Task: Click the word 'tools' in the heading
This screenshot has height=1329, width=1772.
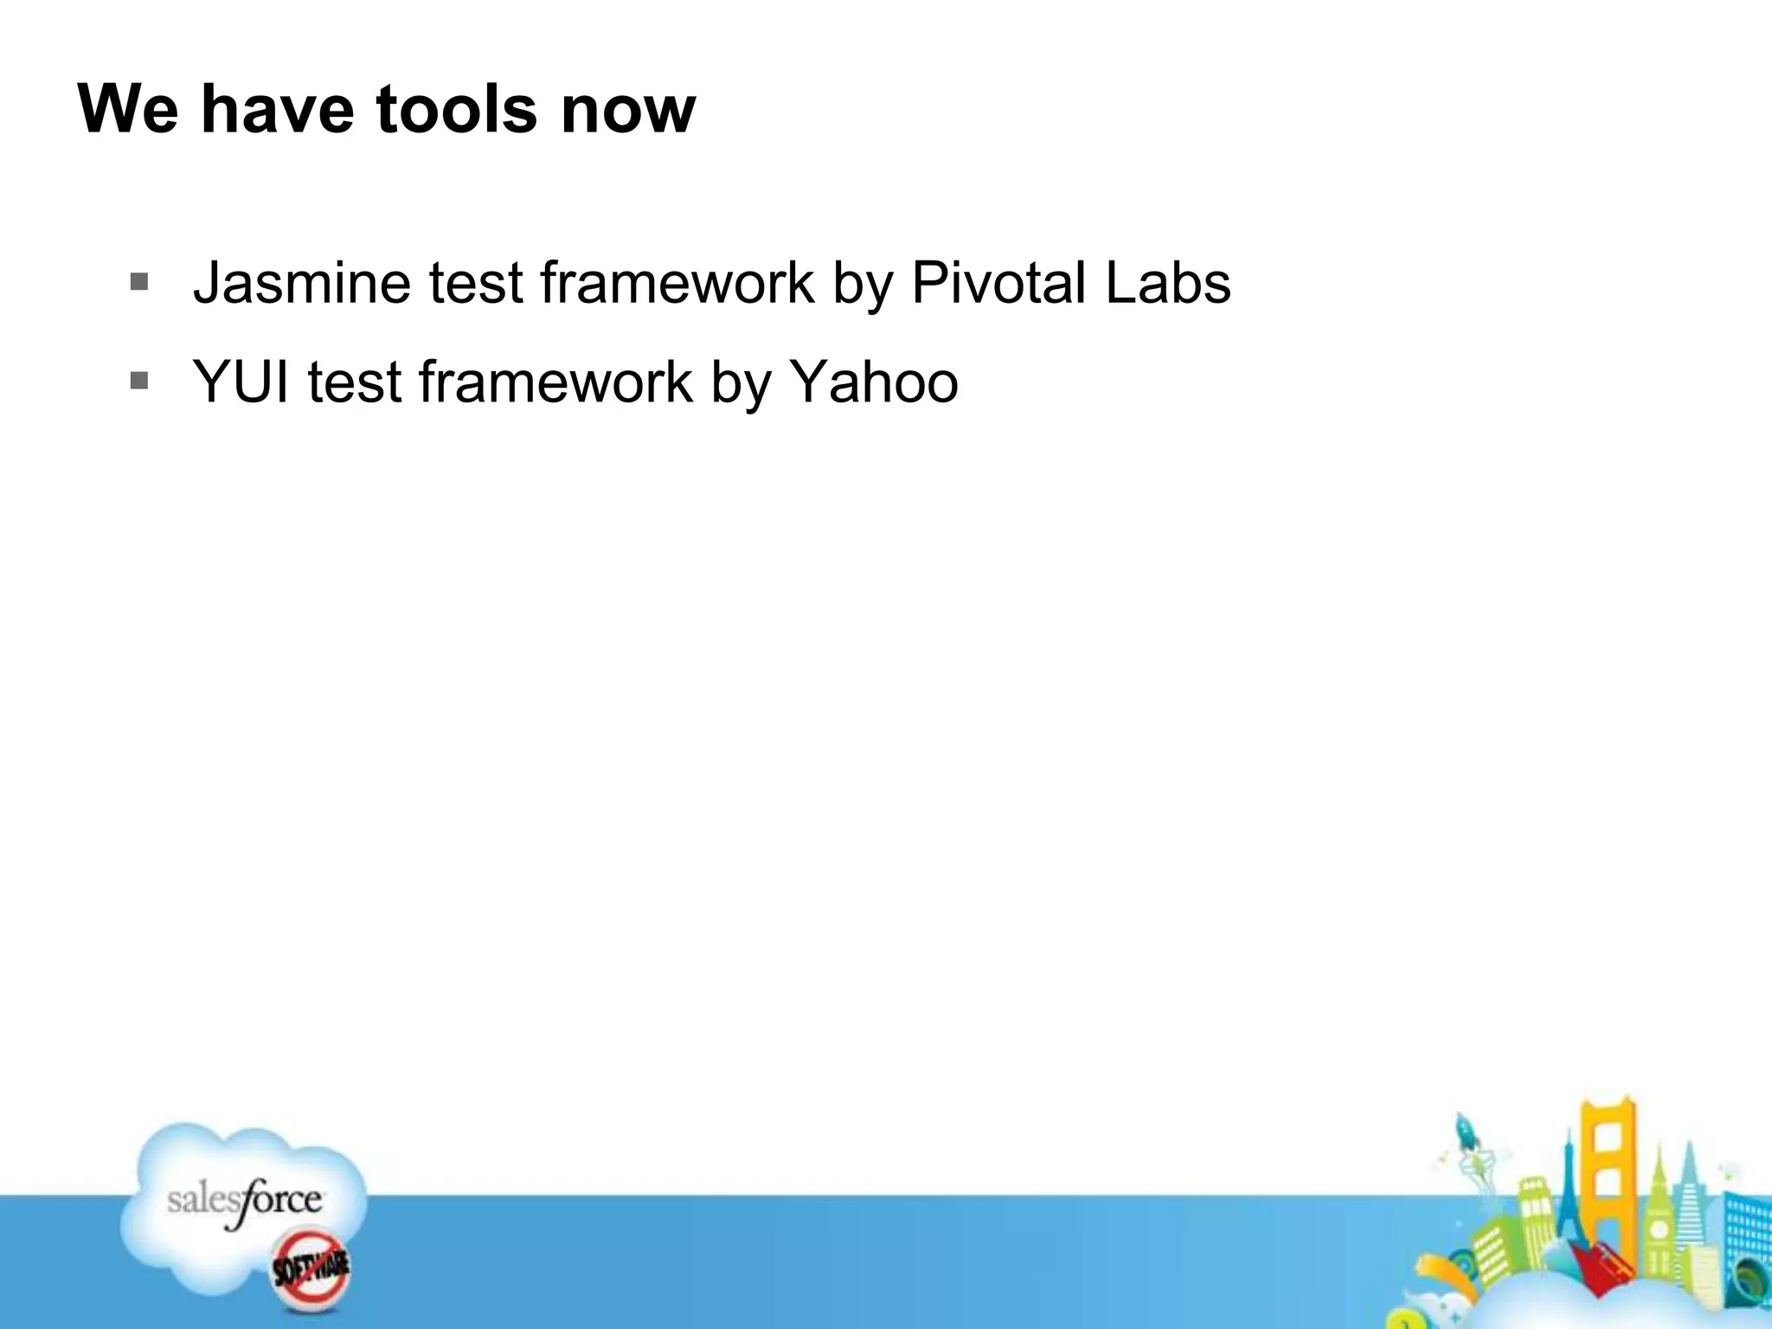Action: [x=456, y=110]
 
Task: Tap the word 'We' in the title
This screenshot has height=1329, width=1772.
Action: [x=129, y=110]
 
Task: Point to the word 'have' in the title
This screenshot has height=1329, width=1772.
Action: [x=278, y=110]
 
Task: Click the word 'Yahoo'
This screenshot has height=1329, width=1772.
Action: [x=874, y=382]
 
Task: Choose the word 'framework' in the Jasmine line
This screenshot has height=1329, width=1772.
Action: [x=677, y=283]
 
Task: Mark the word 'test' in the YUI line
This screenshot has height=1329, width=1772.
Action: [x=355, y=382]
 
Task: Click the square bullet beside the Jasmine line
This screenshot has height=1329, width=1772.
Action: [x=139, y=282]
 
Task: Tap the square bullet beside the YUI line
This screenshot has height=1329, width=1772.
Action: [x=139, y=381]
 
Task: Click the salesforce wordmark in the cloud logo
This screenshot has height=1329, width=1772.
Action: [x=244, y=1201]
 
